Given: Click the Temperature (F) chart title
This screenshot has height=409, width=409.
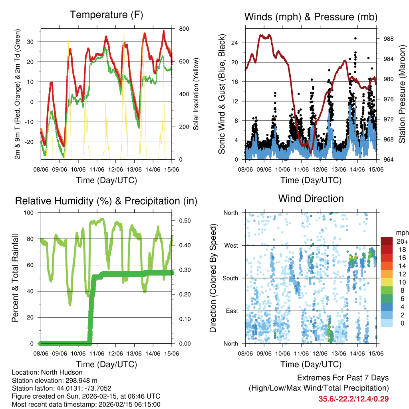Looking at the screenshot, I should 106,15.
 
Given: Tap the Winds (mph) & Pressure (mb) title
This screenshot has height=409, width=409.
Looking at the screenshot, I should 311,17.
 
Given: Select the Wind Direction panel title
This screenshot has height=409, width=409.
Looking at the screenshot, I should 311,198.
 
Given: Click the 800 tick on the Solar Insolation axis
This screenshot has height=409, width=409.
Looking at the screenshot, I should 184,29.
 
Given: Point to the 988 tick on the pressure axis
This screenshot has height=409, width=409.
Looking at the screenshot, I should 388,39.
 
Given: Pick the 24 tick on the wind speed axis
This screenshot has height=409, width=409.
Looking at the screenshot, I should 235,43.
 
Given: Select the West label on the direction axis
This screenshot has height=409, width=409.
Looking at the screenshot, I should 230,245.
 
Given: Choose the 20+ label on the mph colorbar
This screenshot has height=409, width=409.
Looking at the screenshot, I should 401,241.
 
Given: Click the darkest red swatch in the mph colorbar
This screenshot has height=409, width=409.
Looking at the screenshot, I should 387,241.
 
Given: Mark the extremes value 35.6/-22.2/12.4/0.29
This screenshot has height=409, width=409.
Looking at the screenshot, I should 353,399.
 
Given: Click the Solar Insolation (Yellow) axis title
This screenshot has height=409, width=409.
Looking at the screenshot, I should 196,94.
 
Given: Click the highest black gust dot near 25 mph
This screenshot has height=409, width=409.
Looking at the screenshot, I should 355,38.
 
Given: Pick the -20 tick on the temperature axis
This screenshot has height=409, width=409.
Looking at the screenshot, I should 31,142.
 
